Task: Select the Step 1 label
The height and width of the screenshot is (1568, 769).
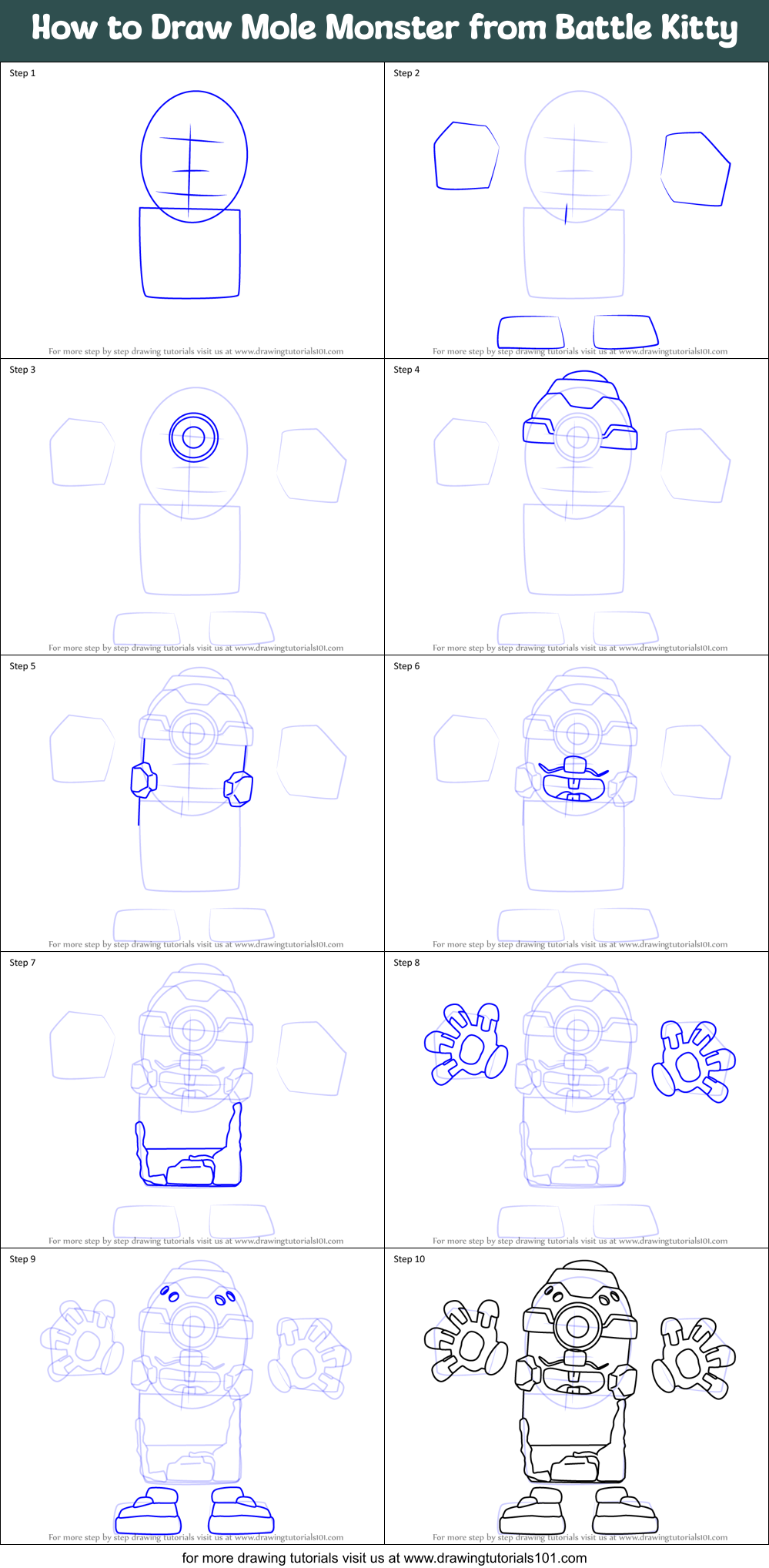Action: pyautogui.click(x=22, y=73)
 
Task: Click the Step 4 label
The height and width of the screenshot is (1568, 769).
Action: pyautogui.click(x=406, y=370)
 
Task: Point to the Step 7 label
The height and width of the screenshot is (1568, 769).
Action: pyautogui.click(x=22, y=963)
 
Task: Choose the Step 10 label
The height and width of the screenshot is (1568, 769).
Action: pyautogui.click(x=409, y=1259)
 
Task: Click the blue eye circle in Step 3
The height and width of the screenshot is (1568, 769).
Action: pyautogui.click(x=193, y=437)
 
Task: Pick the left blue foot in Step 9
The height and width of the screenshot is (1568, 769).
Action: pyautogui.click(x=149, y=1513)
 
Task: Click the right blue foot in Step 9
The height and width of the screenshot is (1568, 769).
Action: pyautogui.click(x=240, y=1513)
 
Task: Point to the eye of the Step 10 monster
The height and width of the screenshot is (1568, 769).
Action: pyautogui.click(x=577, y=1327)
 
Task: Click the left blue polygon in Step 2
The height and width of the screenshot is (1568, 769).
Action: pyautogui.click(x=466, y=156)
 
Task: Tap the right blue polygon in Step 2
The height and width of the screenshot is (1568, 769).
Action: pyautogui.click(x=695, y=169)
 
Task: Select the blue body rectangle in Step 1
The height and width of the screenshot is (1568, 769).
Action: pyautogui.click(x=190, y=254)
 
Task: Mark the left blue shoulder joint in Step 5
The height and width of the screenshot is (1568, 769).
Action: pyautogui.click(x=143, y=780)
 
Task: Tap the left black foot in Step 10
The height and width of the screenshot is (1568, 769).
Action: pyautogui.click(x=533, y=1513)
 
